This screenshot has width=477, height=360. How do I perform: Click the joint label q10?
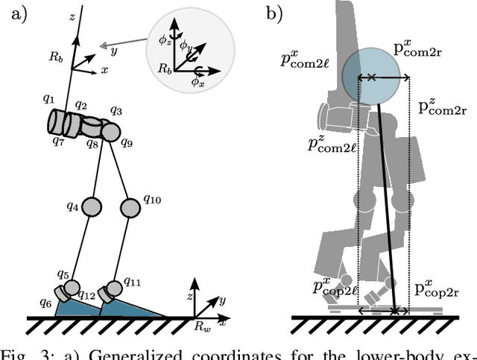[151, 199]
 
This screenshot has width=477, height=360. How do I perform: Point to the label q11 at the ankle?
[133, 282]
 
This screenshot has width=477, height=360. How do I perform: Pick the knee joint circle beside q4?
[91, 204]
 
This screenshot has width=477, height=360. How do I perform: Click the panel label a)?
[16, 13]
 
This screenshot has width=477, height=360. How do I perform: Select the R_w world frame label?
[202, 326]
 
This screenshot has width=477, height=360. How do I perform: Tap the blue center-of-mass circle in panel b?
[370, 77]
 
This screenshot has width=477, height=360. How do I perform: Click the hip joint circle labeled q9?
[110, 133]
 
